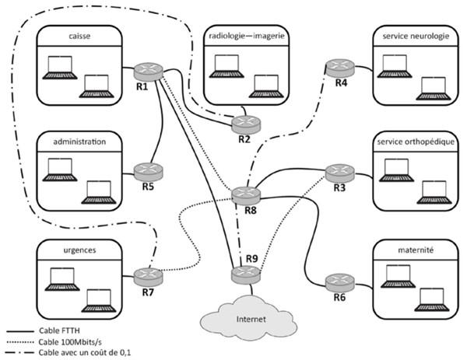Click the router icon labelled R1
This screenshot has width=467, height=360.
click(x=145, y=71)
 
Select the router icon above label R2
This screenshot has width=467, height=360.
click(x=244, y=123)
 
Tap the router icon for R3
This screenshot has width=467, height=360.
click(x=339, y=172)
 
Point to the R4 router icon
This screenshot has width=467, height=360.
click(x=339, y=68)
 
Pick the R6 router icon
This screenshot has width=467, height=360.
click(x=339, y=281)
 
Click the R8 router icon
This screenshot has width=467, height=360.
click(x=245, y=195)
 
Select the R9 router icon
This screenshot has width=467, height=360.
click(x=245, y=273)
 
